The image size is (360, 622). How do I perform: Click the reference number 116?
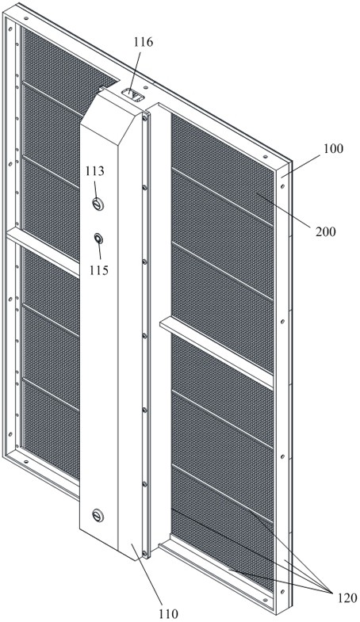(x=144, y=42)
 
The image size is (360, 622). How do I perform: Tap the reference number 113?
(x=94, y=171)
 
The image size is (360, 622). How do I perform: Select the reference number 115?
(x=99, y=270)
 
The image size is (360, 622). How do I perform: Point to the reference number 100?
(x=333, y=149)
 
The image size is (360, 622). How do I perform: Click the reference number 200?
(x=326, y=231)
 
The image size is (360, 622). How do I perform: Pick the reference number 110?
(x=168, y=613)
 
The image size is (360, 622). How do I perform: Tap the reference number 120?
(x=347, y=597)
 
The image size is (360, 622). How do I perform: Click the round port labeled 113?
(x=98, y=204)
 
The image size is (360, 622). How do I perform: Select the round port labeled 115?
(x=98, y=238)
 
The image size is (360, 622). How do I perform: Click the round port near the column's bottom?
(x=98, y=516)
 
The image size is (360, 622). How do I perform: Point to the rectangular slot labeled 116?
(x=132, y=95)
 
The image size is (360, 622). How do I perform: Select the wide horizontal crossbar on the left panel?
(x=43, y=252)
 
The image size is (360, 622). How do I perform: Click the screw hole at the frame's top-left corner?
(x=26, y=18)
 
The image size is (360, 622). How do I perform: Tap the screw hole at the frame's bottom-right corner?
(x=281, y=591)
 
